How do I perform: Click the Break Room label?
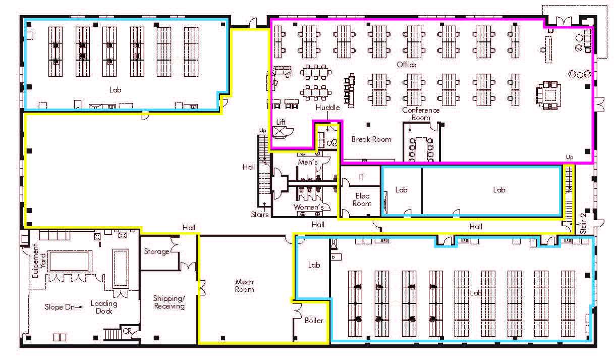point(371,139)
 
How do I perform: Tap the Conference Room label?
point(421,114)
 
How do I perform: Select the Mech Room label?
point(244,285)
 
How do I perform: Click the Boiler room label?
point(313,321)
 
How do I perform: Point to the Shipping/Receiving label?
point(169,302)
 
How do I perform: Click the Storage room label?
point(156,251)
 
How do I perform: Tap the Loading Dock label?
point(104,307)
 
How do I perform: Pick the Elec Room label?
point(362,199)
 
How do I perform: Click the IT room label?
point(361,177)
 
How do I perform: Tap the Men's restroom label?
point(308,162)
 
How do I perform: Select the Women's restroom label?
point(308,207)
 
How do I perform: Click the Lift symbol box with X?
point(279,132)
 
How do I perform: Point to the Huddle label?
point(328,108)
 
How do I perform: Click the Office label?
point(406,65)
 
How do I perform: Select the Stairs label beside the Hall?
point(260,214)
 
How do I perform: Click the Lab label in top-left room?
point(116,90)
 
